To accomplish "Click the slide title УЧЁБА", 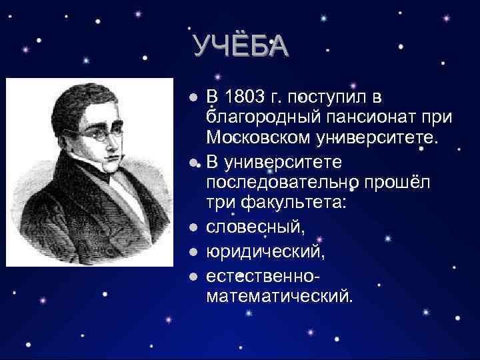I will coord(240,46).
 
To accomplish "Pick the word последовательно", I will coord(282,183).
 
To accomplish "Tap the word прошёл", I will coord(396,183).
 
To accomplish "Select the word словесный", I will coord(256,227).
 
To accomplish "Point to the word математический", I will coord(278,295).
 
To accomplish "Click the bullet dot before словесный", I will coord(193,228).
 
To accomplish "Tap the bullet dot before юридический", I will coord(193,252).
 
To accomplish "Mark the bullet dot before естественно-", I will coord(193,275).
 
